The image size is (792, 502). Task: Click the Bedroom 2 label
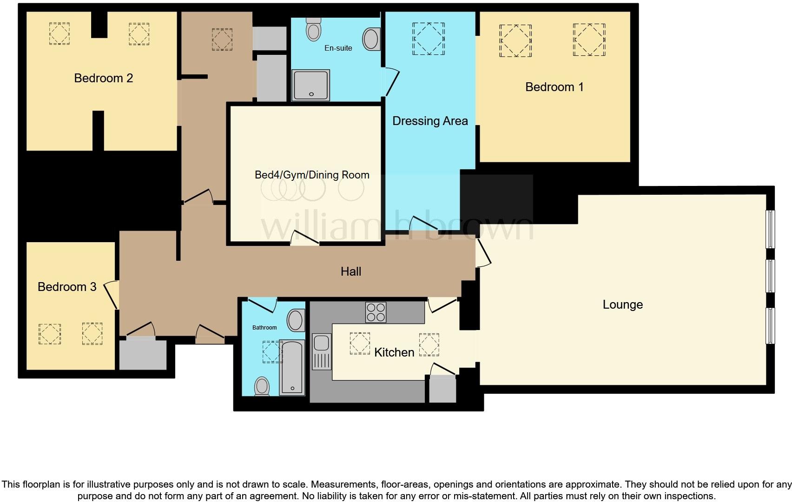point(104,78)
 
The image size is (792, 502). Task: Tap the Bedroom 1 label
point(554,87)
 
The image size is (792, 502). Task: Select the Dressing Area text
point(430,121)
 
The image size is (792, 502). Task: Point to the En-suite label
point(338,48)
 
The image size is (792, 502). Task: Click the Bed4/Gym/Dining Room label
point(312,175)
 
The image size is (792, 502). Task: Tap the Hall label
point(350,271)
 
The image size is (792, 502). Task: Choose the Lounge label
point(622,304)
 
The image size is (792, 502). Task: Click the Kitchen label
point(394,352)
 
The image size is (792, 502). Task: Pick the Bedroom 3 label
point(67,287)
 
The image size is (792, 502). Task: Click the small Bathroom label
point(264,328)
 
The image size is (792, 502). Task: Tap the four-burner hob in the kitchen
point(376,312)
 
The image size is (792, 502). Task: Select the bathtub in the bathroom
point(292,367)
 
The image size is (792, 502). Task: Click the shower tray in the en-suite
point(311,85)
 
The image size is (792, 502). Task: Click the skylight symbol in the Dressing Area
point(428,39)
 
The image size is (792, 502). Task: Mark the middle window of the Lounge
point(770,276)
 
